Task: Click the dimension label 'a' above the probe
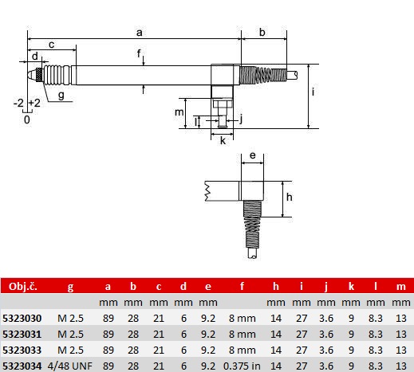tap(140, 33)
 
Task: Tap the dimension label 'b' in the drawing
tap(262, 32)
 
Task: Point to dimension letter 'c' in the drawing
tap(52, 45)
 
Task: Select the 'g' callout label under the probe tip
tap(61, 95)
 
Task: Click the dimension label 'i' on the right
tap(313, 92)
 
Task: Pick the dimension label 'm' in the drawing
tap(179, 112)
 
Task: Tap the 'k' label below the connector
tap(223, 140)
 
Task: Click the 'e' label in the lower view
tap(253, 155)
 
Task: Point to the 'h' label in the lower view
tap(290, 197)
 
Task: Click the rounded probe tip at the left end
tap(31, 74)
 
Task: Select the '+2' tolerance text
tap(34, 103)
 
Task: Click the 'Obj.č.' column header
tap(23, 287)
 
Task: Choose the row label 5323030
tap(22, 318)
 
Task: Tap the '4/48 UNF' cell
tap(70, 366)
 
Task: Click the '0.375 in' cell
tap(242, 366)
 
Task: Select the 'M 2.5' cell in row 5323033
tap(70, 350)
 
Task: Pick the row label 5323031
tap(22, 335)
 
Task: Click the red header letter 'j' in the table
tap(326, 287)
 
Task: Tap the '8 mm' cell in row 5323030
tap(242, 318)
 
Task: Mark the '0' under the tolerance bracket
tap(27, 119)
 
